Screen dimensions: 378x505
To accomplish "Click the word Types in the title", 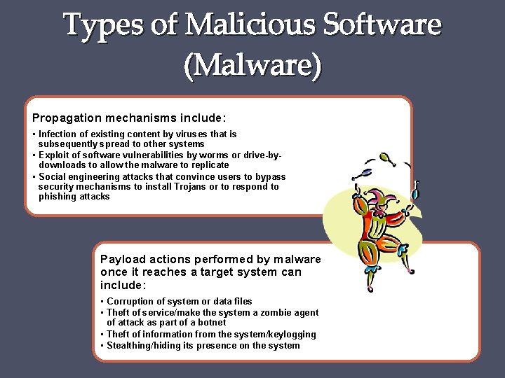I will (x=104, y=26).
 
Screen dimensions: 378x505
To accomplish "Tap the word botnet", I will (x=212, y=323).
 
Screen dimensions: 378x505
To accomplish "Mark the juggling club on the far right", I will (x=415, y=189).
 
